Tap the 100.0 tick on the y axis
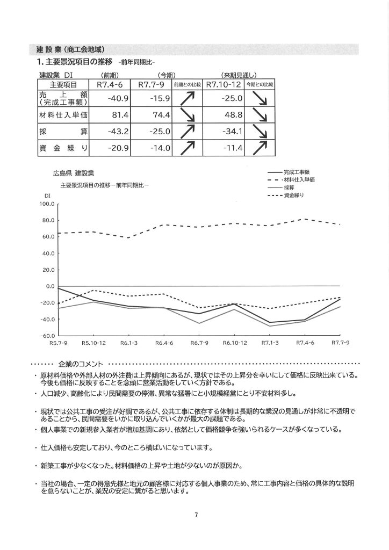point(47,204)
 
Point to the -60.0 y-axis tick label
point(47,336)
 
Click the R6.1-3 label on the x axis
point(128,342)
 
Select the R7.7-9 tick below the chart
point(340,342)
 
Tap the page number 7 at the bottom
point(196,516)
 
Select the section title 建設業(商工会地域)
point(70,50)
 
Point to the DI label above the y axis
point(47,196)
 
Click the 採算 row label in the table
point(63,131)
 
